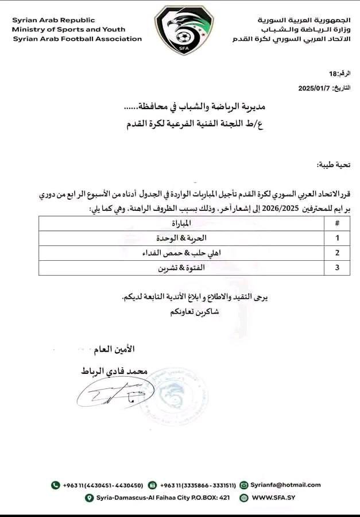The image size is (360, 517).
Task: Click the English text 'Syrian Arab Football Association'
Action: pos(77,39)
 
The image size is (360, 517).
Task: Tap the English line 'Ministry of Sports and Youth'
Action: pos(68,30)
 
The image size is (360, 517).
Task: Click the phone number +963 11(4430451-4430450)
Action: pos(102,485)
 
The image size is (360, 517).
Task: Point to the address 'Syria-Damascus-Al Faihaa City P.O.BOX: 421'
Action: pos(161,498)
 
